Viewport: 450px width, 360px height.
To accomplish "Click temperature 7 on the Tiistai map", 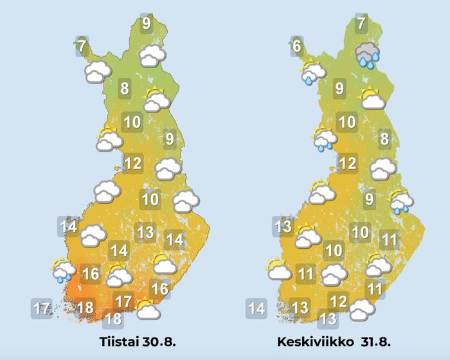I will (x=82, y=46).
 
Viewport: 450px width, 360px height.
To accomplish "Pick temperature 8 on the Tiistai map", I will (x=125, y=89).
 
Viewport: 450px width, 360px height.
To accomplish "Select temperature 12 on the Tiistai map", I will (x=132, y=163).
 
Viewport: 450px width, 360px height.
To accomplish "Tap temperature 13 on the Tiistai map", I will (x=146, y=232).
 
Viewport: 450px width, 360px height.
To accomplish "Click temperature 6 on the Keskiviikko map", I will (x=296, y=46).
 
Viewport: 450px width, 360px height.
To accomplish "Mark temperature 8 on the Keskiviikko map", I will (x=384, y=138).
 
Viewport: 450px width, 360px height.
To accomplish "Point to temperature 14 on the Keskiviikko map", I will (x=256, y=309).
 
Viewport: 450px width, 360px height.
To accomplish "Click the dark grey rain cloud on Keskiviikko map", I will (x=367, y=55).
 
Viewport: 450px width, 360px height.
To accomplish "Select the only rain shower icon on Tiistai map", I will (x=62, y=271).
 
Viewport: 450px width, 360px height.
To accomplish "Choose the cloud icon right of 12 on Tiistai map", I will (x=168, y=168).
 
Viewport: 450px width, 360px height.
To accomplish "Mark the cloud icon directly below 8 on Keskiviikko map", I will (x=383, y=168).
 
